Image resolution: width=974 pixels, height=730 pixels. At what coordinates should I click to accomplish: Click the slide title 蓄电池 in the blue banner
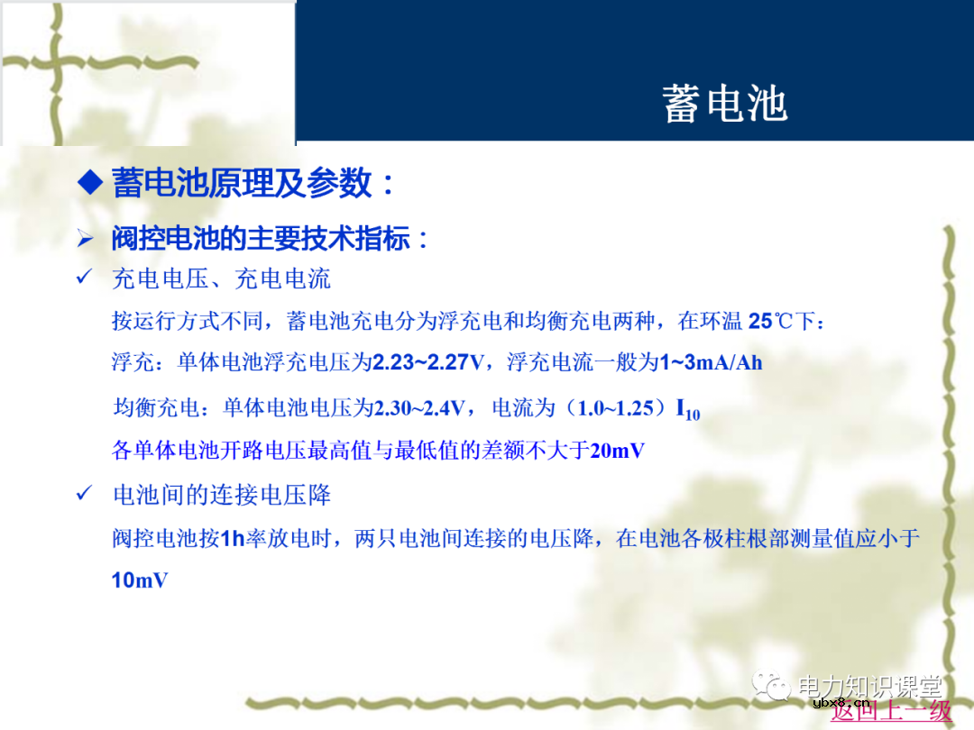click(x=725, y=104)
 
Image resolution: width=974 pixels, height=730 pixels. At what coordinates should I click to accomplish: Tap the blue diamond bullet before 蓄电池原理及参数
click(x=90, y=183)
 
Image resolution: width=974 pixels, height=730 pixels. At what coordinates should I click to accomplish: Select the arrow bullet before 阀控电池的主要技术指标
click(x=86, y=239)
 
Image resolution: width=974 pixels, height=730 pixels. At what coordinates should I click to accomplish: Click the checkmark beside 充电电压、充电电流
click(x=86, y=278)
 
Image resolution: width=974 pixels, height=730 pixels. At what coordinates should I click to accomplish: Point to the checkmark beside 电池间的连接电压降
click(x=86, y=493)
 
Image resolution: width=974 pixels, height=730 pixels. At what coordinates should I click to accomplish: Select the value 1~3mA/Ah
click(x=712, y=363)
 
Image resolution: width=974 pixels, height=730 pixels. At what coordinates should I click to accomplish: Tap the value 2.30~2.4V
click(x=419, y=408)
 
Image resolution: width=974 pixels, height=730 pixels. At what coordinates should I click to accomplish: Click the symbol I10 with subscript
click(x=687, y=410)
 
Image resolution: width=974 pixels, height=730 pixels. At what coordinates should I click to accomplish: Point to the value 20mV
click(x=618, y=451)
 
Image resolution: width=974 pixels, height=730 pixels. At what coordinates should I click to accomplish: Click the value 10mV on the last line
click(x=140, y=580)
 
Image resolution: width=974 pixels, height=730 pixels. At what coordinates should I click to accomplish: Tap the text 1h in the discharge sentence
click(x=233, y=539)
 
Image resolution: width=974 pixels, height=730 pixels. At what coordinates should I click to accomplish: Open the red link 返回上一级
click(x=891, y=710)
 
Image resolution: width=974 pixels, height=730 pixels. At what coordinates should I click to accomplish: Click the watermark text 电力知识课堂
click(x=868, y=687)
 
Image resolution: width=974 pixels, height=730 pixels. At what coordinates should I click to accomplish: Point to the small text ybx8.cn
click(x=840, y=703)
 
